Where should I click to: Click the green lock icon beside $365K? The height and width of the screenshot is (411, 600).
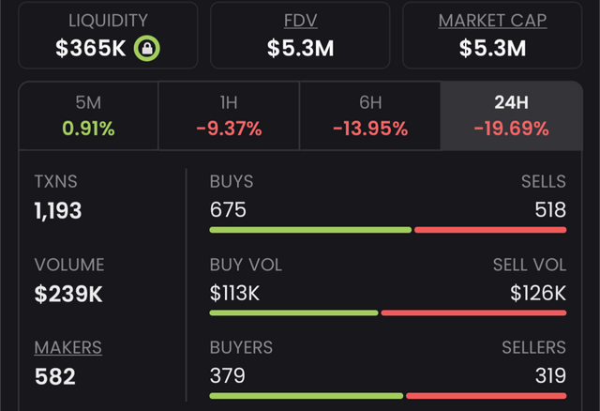tap(147, 48)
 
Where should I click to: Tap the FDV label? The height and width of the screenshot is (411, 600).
tap(300, 21)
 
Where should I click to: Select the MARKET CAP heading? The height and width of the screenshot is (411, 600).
tap(492, 21)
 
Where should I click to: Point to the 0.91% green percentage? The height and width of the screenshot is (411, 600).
tap(88, 129)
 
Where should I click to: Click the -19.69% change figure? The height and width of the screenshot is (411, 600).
tap(511, 129)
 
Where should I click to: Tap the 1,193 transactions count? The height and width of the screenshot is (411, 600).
tap(58, 210)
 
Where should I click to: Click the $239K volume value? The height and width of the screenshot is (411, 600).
tap(68, 294)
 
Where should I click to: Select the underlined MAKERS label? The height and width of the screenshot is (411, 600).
tap(68, 348)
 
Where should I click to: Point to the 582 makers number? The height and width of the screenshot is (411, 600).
tap(55, 376)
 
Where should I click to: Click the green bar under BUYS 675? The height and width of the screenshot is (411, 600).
tap(310, 230)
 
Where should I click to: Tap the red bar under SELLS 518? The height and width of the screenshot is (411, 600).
tap(490, 230)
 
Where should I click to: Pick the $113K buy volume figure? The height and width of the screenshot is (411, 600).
tap(234, 293)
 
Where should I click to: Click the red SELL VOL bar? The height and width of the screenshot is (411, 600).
tap(473, 312)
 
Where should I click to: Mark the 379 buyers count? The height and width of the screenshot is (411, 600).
tap(228, 375)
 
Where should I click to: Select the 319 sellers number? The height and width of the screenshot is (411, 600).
tap(548, 375)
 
